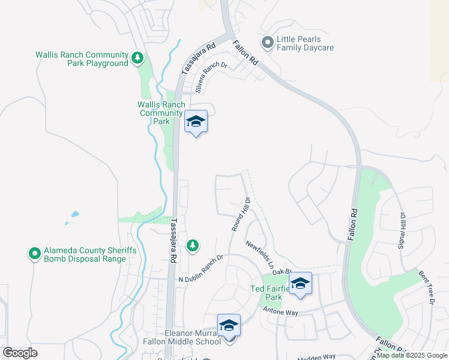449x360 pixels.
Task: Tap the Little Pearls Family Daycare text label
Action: pyautogui.click(x=304, y=43)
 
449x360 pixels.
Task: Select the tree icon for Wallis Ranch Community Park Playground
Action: pyautogui.click(x=138, y=58)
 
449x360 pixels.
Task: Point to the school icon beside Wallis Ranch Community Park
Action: pyautogui.click(x=196, y=122)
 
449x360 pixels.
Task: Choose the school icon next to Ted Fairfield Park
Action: pyautogui.click(x=300, y=284)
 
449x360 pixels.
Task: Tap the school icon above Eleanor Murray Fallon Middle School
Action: pyautogui.click(x=229, y=326)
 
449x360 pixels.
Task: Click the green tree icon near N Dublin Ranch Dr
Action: pyautogui.click(x=192, y=245)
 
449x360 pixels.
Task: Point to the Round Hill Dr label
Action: pyautogui.click(x=240, y=214)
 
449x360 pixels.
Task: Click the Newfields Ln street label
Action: pyautogui.click(x=259, y=254)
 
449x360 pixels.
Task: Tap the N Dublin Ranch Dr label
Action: pyautogui.click(x=200, y=269)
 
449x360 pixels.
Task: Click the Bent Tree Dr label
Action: pyautogui.click(x=426, y=288)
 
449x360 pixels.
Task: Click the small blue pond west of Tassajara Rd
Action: pyautogui.click(x=74, y=214)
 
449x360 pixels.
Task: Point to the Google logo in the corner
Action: pyautogui.click(x=20, y=353)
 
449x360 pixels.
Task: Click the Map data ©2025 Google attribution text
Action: pyautogui.click(x=412, y=355)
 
